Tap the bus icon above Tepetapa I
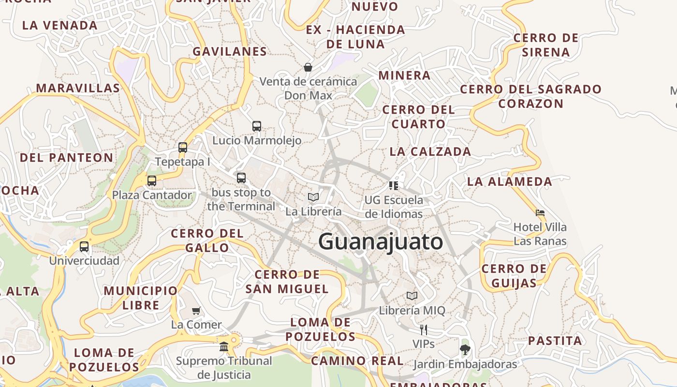coord(183,148)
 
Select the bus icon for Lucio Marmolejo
coord(257,126)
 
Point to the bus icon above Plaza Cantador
coord(152,181)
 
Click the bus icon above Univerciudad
coord(84,247)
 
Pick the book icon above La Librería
coord(313,197)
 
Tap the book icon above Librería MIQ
coord(412,296)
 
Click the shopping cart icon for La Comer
coord(196,311)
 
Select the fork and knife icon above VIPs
coord(424,330)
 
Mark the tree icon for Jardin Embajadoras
coord(465,349)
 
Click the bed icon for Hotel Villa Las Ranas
coord(540,212)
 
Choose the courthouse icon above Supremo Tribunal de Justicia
coord(224,346)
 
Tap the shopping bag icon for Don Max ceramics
coord(308,67)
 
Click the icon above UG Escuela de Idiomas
coord(394,185)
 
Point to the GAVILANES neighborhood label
coord(230,51)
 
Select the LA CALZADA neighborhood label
coord(430,151)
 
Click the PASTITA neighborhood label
coord(555,341)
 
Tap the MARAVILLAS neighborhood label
coord(78,88)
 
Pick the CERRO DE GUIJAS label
coord(514,276)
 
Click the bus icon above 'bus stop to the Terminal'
coord(241,178)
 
